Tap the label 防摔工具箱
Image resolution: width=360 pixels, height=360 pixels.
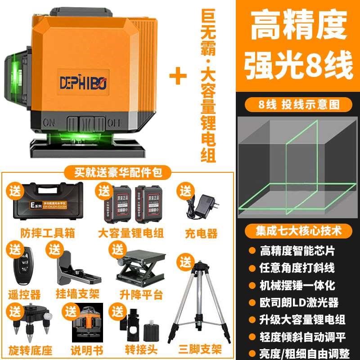(x=48, y=234)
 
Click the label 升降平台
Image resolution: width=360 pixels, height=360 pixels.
(x=135, y=295)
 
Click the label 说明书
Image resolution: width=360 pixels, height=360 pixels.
(x=87, y=349)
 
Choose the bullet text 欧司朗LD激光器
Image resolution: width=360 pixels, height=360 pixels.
(x=299, y=302)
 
